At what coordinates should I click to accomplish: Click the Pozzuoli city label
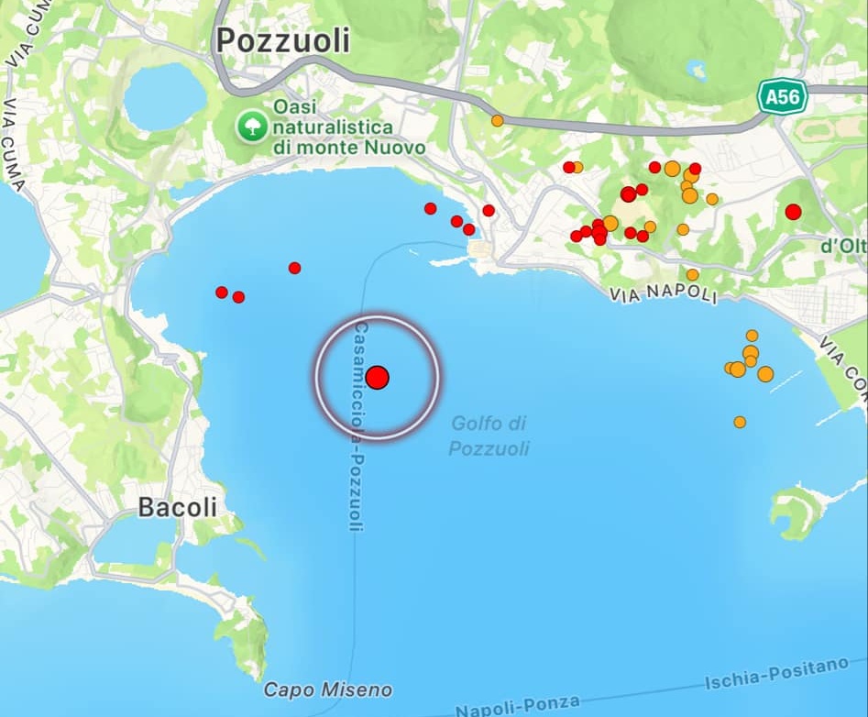(283, 40)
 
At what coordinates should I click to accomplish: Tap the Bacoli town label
(178, 507)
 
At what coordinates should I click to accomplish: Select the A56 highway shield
(783, 97)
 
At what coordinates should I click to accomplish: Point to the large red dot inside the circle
(377, 377)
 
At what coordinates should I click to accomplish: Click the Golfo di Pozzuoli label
(489, 436)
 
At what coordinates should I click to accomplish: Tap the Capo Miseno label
(327, 689)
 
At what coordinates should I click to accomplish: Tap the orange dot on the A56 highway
(497, 120)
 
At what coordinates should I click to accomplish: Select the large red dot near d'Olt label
(793, 212)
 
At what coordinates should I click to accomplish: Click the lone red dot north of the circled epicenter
(294, 268)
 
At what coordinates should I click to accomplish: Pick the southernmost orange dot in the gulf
(740, 422)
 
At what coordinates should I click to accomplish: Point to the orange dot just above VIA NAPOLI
(692, 274)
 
